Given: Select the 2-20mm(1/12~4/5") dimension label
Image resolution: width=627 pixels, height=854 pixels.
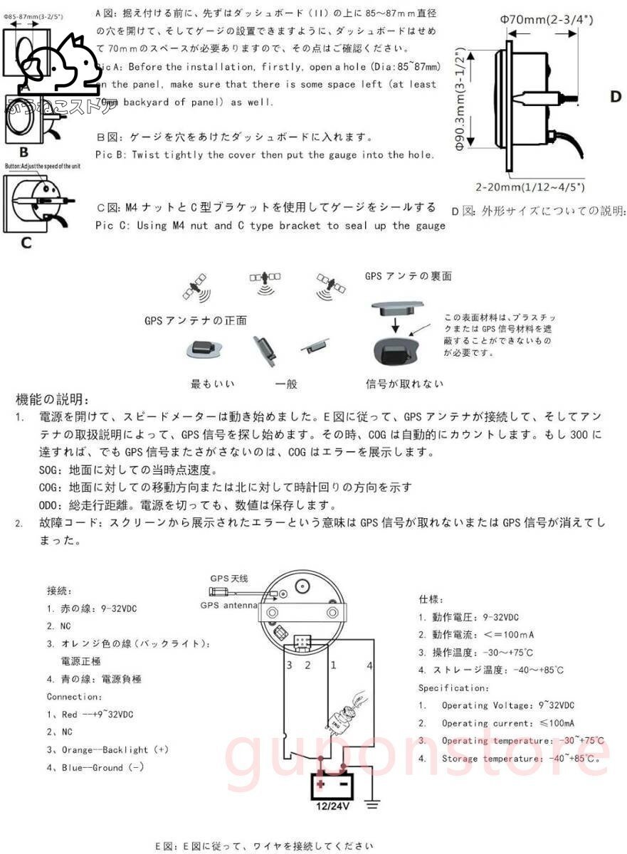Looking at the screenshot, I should (530, 187).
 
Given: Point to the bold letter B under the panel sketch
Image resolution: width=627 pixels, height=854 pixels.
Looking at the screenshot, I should (23, 151).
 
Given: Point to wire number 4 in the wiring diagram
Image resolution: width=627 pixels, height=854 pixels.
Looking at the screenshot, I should (369, 665).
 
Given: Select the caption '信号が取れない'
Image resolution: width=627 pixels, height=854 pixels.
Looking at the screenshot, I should (404, 384).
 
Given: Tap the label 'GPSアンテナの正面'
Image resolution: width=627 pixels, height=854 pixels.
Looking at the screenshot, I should (196, 321).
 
